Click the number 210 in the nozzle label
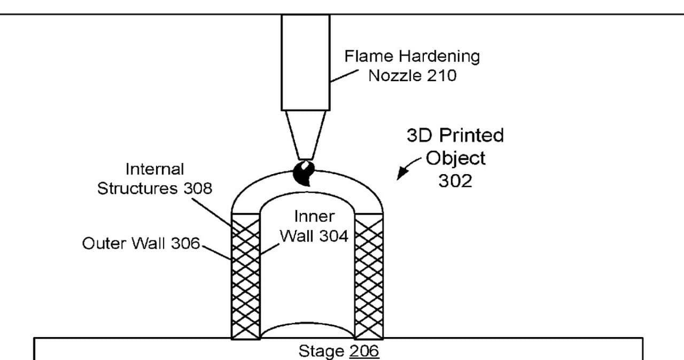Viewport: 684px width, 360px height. click(441, 76)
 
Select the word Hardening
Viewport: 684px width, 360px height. click(439, 57)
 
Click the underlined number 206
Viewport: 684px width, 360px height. click(364, 351)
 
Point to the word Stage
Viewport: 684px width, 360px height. click(322, 351)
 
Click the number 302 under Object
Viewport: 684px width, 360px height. click(455, 181)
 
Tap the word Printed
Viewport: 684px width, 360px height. click(471, 136)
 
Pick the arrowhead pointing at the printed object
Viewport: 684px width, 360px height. click(401, 173)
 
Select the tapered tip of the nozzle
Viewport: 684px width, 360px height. click(306, 135)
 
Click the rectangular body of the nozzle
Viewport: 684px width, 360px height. click(306, 62)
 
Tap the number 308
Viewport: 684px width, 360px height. click(198, 189)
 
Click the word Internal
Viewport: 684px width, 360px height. click(155, 169)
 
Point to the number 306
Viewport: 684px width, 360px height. click(185, 244)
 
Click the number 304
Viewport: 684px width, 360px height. click(334, 236)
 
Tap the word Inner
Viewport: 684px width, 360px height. click(315, 217)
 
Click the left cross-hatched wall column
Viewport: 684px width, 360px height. click(246, 276)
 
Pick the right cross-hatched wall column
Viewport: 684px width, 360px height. click(369, 276)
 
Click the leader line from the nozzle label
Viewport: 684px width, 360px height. click(345, 76)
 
